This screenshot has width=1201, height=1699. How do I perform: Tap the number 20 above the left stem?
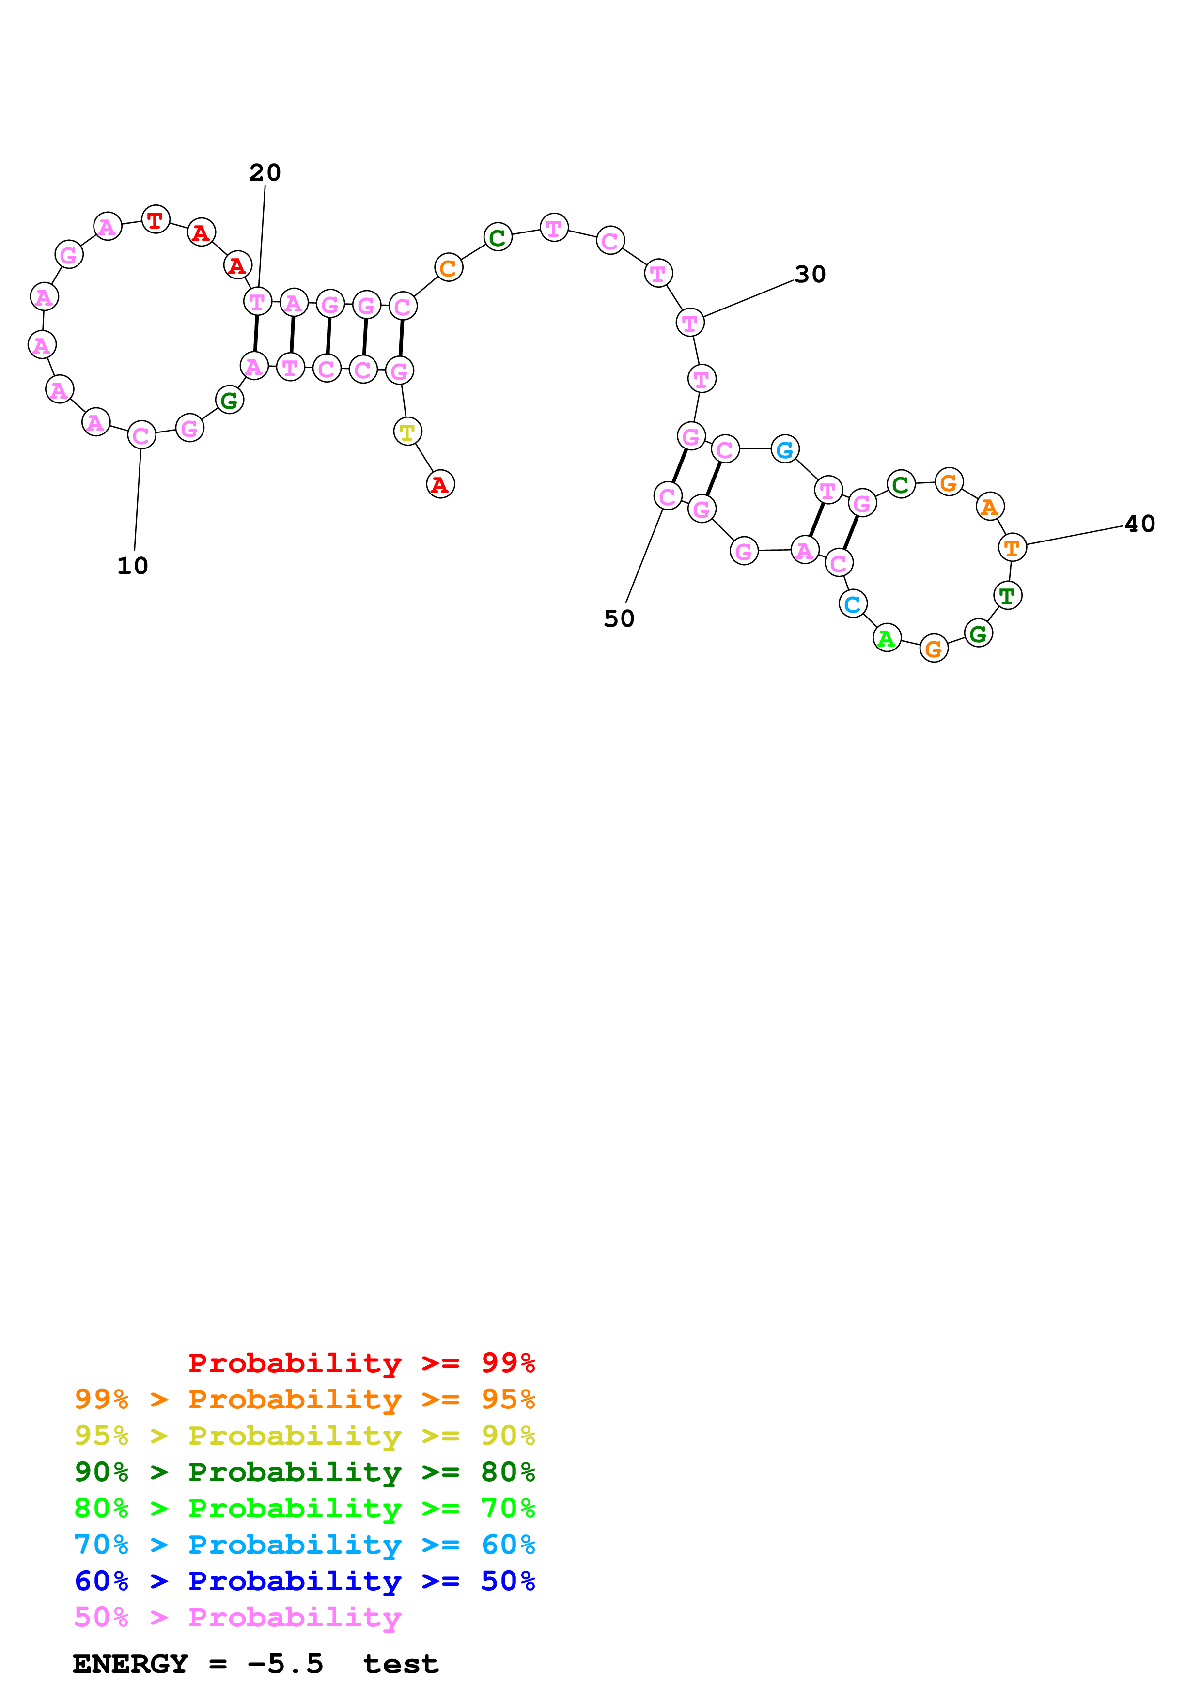pos(265,172)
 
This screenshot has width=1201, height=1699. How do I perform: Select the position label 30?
pos(811,275)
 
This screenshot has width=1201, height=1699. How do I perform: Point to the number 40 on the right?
pos(1139,524)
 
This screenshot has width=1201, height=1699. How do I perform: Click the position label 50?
pos(619,618)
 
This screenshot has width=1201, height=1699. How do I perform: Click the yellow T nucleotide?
pos(407,432)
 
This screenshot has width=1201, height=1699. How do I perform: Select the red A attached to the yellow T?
pos(440,485)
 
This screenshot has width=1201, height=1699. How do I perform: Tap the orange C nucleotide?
pos(449,268)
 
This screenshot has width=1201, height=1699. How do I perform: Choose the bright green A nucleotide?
pos(887,638)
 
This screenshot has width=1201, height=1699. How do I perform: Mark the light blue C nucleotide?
pos(853,604)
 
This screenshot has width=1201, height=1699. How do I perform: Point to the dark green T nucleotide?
pos(1007,596)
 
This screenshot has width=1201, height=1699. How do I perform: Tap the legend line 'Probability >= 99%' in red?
pos(361,1362)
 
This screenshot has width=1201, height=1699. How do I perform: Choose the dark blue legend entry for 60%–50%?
pos(304,1581)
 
